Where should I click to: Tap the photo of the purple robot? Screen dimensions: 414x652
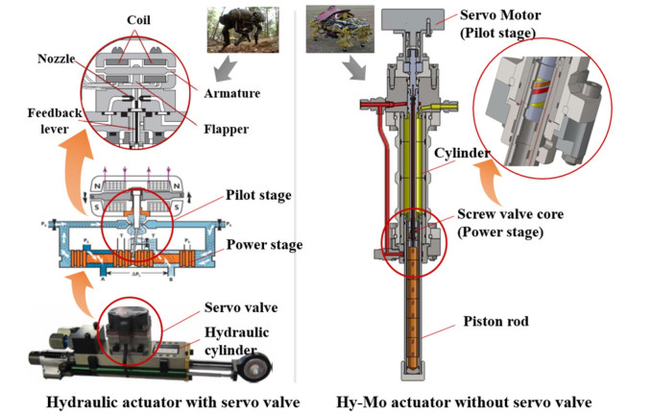coord(335,26)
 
